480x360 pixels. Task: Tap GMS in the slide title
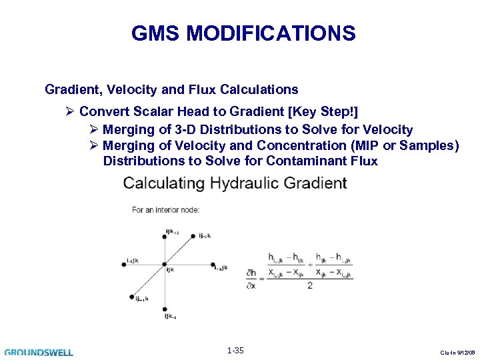[x=151, y=33]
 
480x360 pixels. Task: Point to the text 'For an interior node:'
[x=165, y=210]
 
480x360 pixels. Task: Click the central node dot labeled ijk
[x=165, y=265]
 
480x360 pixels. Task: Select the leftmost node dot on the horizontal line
[x=135, y=265]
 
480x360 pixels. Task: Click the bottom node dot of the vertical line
[x=165, y=309]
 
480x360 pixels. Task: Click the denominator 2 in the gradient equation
[x=309, y=285]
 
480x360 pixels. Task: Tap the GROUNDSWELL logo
[x=39, y=352]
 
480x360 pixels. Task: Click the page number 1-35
[x=235, y=351]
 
